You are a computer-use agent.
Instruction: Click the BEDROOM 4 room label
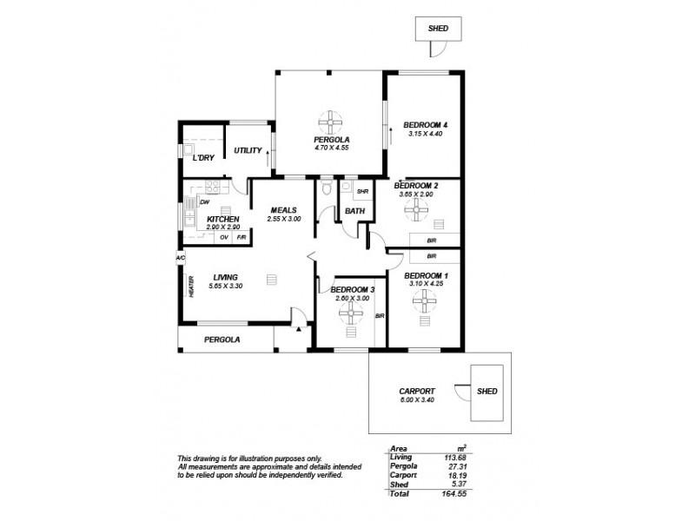tap(427, 124)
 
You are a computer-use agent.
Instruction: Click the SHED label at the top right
tap(437, 29)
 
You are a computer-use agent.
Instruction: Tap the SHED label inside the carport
tap(487, 392)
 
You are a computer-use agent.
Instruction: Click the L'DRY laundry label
tap(203, 158)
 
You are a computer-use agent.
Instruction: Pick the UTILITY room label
tap(248, 151)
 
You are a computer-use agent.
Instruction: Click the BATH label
tap(354, 211)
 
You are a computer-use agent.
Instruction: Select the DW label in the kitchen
tap(205, 202)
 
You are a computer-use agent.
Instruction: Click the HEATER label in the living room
tap(189, 287)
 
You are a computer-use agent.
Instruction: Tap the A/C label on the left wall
tap(180, 258)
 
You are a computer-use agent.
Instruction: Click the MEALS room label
tap(284, 210)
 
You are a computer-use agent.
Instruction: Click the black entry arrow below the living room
tap(298, 329)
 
